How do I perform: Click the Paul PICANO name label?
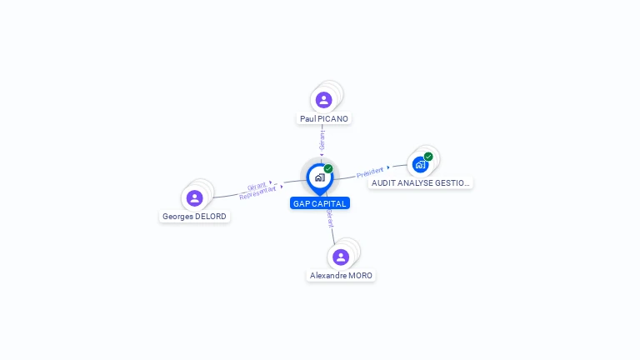click(x=324, y=119)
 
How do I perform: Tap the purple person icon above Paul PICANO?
click(x=324, y=100)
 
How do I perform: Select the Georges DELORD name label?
click(x=194, y=217)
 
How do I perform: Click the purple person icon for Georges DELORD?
click(x=195, y=197)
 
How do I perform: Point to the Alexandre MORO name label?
click(x=342, y=276)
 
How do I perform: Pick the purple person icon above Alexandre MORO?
click(x=341, y=257)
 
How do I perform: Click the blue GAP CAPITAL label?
click(x=320, y=203)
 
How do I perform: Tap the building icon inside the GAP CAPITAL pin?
click(x=319, y=177)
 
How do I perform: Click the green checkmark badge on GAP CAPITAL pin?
click(x=328, y=169)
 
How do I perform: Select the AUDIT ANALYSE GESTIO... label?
click(x=420, y=183)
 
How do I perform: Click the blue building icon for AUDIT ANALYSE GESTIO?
click(x=420, y=164)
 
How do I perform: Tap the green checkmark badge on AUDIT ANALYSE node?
click(x=428, y=157)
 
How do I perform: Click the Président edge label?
click(x=370, y=172)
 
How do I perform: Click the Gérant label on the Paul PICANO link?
click(x=322, y=139)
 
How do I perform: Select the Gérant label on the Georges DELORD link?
click(x=257, y=186)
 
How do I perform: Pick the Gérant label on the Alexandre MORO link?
click(x=331, y=219)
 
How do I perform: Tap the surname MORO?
click(x=360, y=276)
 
